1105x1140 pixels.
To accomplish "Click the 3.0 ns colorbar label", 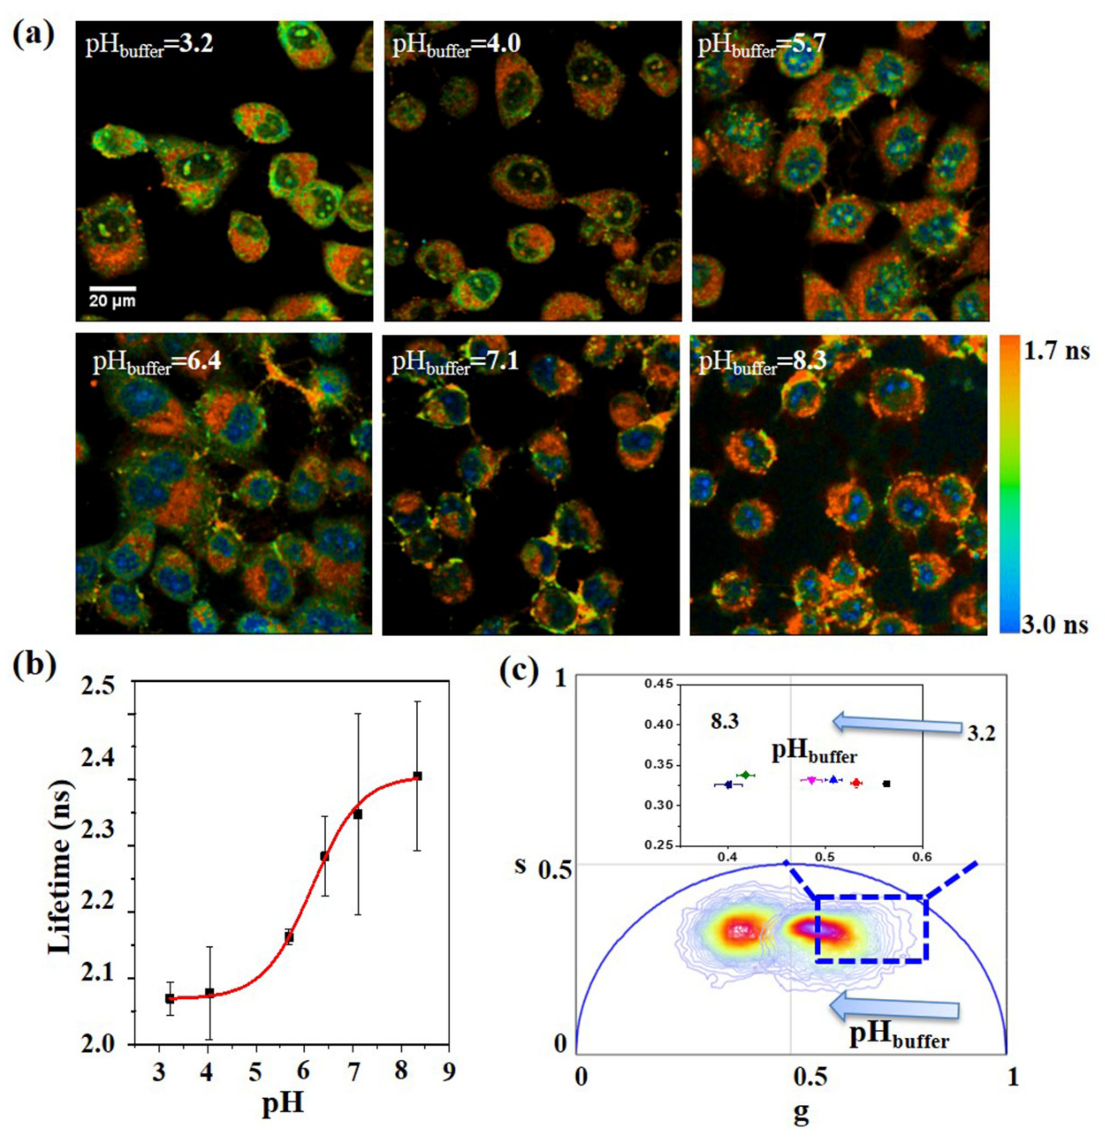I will click(1055, 625).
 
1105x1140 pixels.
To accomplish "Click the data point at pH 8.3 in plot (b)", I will click(417, 776).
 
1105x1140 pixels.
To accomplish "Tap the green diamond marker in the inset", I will click(745, 775).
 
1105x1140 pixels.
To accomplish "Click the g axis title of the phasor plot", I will click(801, 1113).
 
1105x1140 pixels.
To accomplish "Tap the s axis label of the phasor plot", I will click(520, 865).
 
